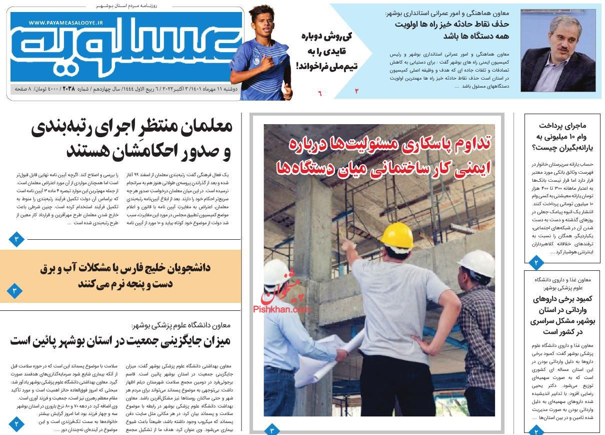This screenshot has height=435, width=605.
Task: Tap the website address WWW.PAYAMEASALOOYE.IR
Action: coord(65,23)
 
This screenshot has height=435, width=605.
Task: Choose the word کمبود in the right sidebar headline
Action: coord(580,299)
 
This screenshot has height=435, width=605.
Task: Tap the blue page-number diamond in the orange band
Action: coord(15,290)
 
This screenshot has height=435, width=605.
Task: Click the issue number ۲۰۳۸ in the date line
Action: coord(68,89)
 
